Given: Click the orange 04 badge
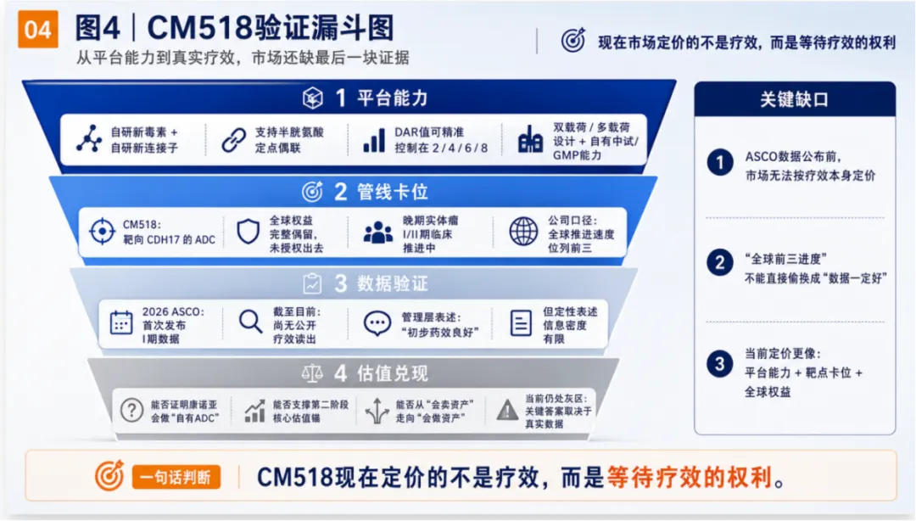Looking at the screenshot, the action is (38, 29).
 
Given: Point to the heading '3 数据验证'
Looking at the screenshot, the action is (381, 283).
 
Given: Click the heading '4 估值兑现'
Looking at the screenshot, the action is (381, 373).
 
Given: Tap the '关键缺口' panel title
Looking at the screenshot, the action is (794, 99).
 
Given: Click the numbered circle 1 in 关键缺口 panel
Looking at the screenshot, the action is (720, 163).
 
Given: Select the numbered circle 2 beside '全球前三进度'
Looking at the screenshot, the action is (720, 263).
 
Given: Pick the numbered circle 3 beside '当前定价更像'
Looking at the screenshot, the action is (720, 364).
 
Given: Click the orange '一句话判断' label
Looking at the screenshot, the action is (176, 477).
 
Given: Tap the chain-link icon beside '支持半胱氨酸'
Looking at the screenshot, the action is (234, 140).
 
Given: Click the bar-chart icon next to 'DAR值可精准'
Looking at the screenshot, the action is (375, 140).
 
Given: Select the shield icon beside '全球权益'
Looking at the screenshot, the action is (249, 232).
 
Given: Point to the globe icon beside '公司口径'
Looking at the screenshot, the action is (523, 231).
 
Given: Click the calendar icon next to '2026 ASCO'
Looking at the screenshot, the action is (121, 322).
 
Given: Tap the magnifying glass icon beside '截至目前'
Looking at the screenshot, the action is (250, 322).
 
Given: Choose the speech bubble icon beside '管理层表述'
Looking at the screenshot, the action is (377, 322).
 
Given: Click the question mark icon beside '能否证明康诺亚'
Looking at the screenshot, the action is (132, 410).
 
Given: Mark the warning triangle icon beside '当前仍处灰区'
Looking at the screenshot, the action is (507, 410).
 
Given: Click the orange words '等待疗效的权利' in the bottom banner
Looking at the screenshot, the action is (690, 477).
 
